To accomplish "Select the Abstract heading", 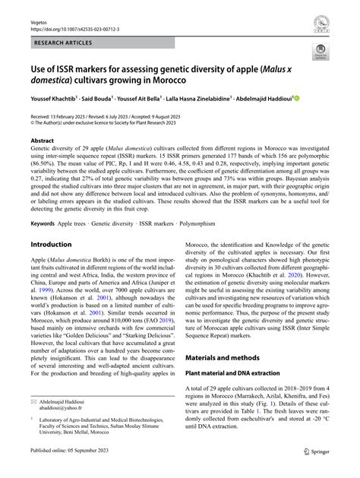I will [43, 141].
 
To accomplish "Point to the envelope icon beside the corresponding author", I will [34, 420].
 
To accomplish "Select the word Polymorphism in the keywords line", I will [206, 224].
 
